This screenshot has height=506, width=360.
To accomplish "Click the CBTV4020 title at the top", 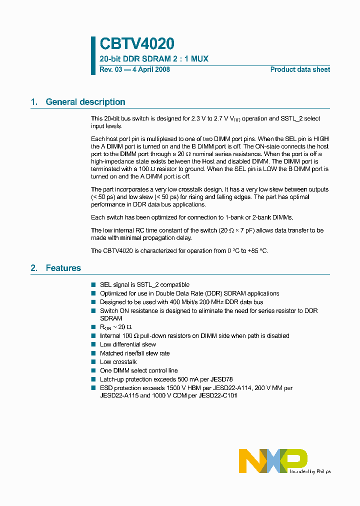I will [x=136, y=44].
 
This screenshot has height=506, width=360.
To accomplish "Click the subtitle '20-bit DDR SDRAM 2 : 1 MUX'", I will [x=154, y=59].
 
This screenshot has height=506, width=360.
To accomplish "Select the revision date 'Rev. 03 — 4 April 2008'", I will [x=134, y=69].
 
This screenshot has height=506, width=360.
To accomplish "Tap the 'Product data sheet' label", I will [x=300, y=69].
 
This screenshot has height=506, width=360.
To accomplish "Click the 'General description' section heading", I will [x=85, y=102].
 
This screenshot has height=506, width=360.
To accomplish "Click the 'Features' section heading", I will [x=63, y=268].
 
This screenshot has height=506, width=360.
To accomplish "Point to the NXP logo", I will [x=273, y=460].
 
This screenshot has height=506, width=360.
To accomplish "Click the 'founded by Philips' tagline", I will [x=310, y=471].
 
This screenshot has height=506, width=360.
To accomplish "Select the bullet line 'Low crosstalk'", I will [x=118, y=361].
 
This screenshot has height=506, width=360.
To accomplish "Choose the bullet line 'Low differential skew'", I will [x=127, y=344].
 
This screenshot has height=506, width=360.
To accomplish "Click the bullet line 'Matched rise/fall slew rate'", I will [x=134, y=353].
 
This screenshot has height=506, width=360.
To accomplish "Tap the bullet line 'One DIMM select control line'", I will [x=138, y=370].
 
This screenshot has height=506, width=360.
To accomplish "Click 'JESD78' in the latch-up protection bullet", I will [x=221, y=379].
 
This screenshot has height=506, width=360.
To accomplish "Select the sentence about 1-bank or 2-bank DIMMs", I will [x=191, y=217].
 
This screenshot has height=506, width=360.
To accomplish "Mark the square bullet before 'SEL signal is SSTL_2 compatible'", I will [x=93, y=285].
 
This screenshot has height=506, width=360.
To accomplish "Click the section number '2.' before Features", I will [x=34, y=268].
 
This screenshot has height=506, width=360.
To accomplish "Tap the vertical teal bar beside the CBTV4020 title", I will [x=93, y=55].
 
